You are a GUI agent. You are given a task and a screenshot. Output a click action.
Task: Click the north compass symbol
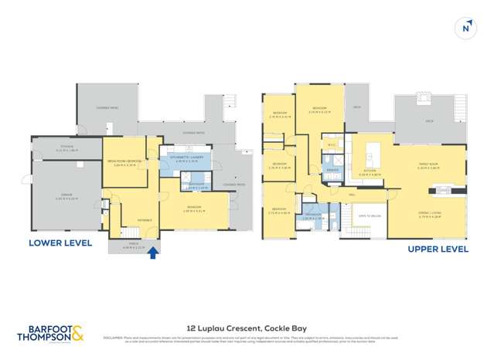(x=465, y=27)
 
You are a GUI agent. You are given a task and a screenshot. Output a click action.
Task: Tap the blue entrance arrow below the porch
(x=153, y=252)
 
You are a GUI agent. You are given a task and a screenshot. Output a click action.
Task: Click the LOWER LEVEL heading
(x=60, y=242)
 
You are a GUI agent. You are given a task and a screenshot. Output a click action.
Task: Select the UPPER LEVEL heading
(x=437, y=249)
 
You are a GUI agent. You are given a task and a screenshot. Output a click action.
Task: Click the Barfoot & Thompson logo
(x=50, y=334)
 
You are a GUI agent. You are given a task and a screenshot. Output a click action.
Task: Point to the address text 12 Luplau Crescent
(x=247, y=326)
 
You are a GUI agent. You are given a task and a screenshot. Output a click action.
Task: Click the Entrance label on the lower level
(x=145, y=219)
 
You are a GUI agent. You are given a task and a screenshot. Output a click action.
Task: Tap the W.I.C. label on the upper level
(x=331, y=144)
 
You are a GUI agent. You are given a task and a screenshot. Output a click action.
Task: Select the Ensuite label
(x=332, y=169)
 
